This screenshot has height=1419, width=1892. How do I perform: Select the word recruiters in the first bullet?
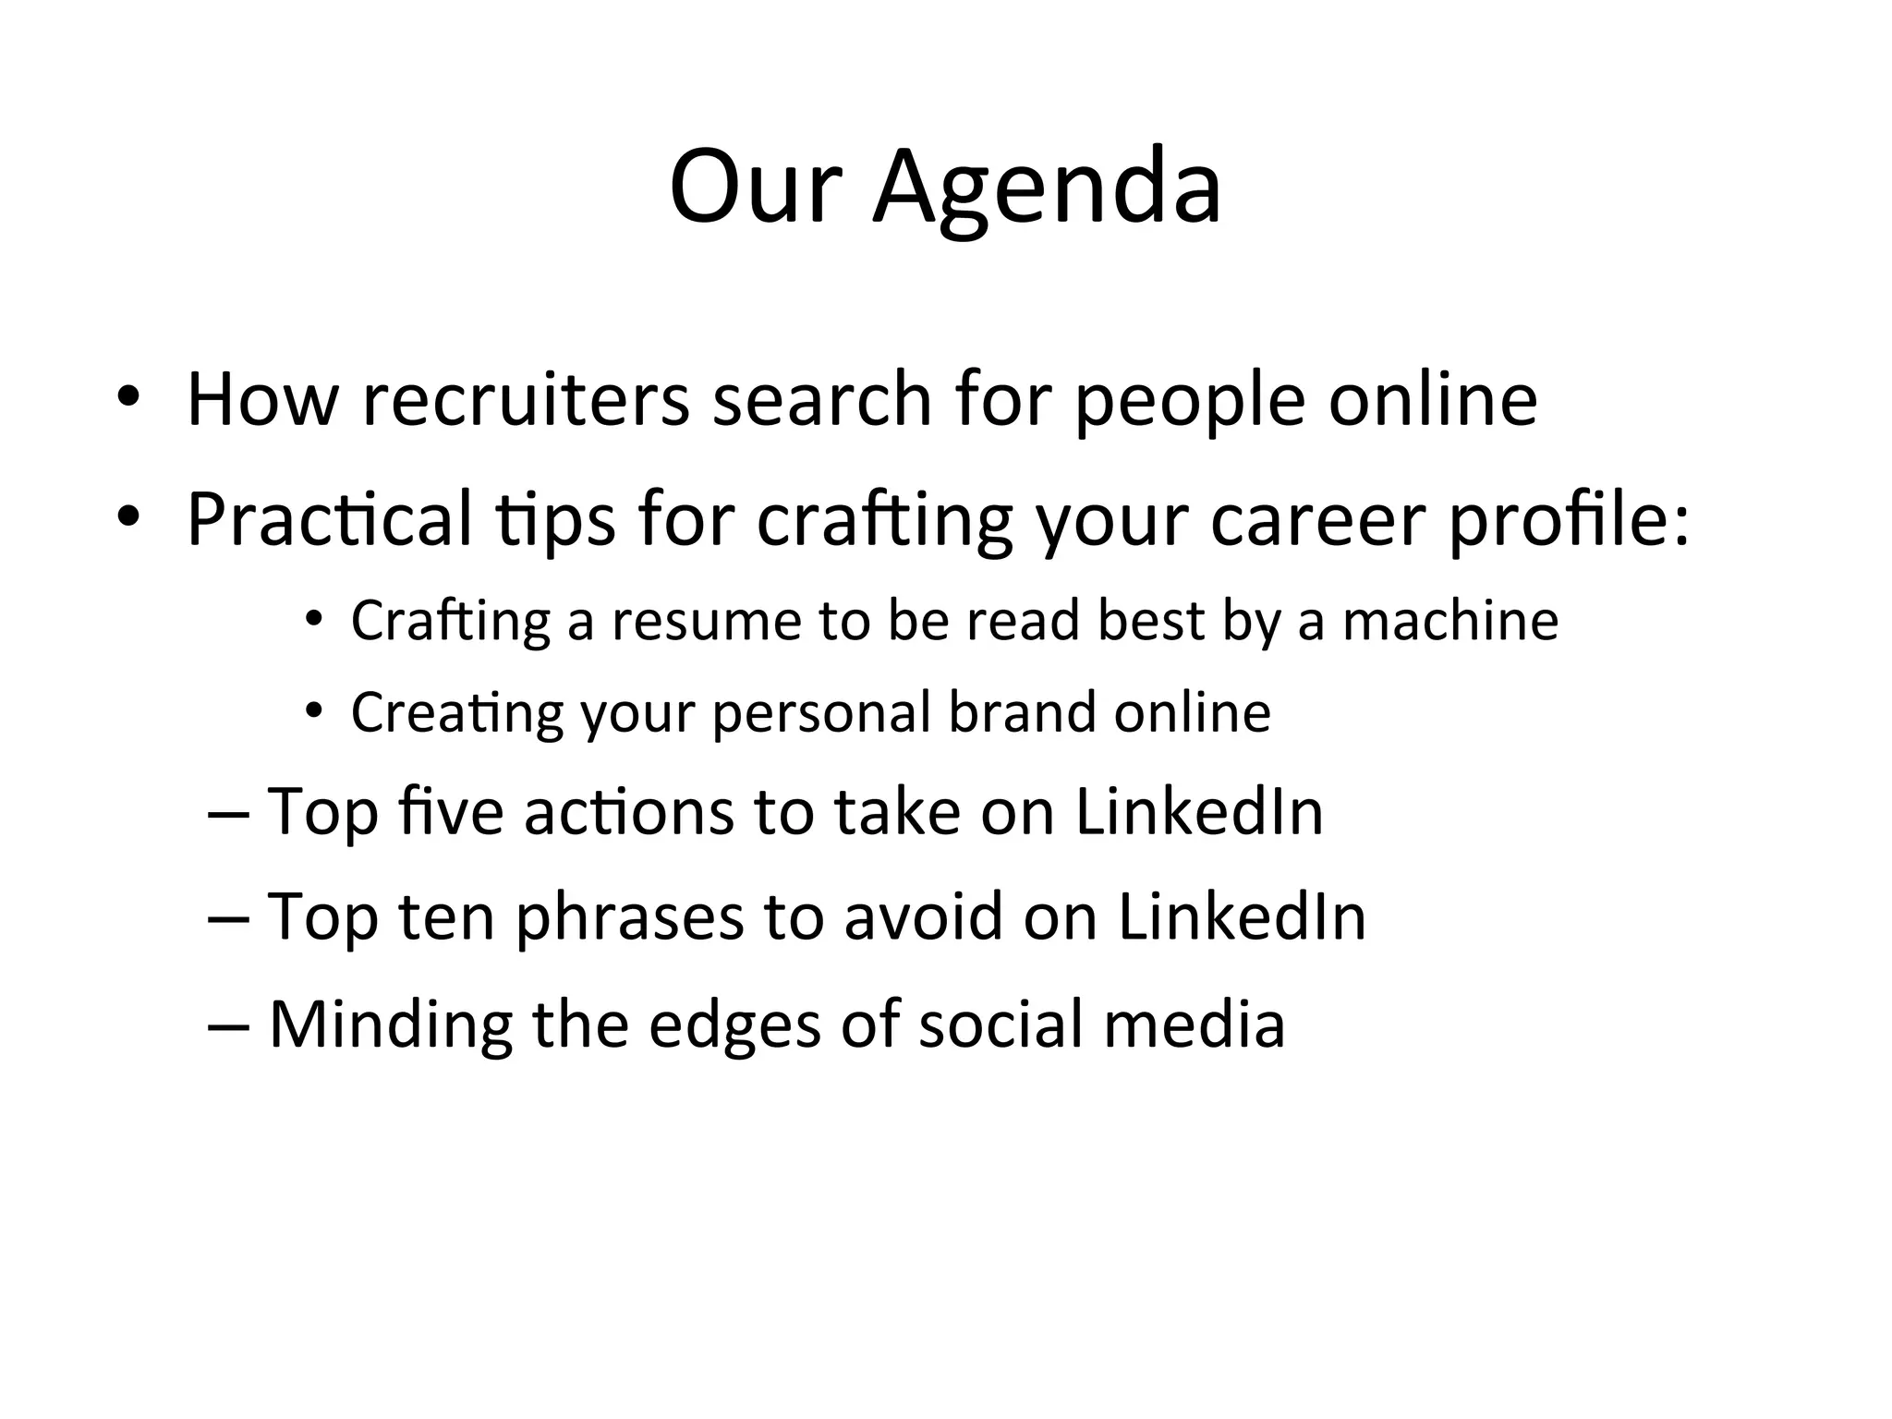(x=526, y=399)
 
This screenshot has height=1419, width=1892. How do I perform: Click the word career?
(x=1317, y=520)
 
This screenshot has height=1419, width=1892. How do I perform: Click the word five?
(x=451, y=812)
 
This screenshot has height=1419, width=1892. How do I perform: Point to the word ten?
(x=447, y=917)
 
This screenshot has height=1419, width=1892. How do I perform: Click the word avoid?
(x=923, y=917)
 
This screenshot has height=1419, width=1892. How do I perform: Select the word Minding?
(x=390, y=1025)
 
